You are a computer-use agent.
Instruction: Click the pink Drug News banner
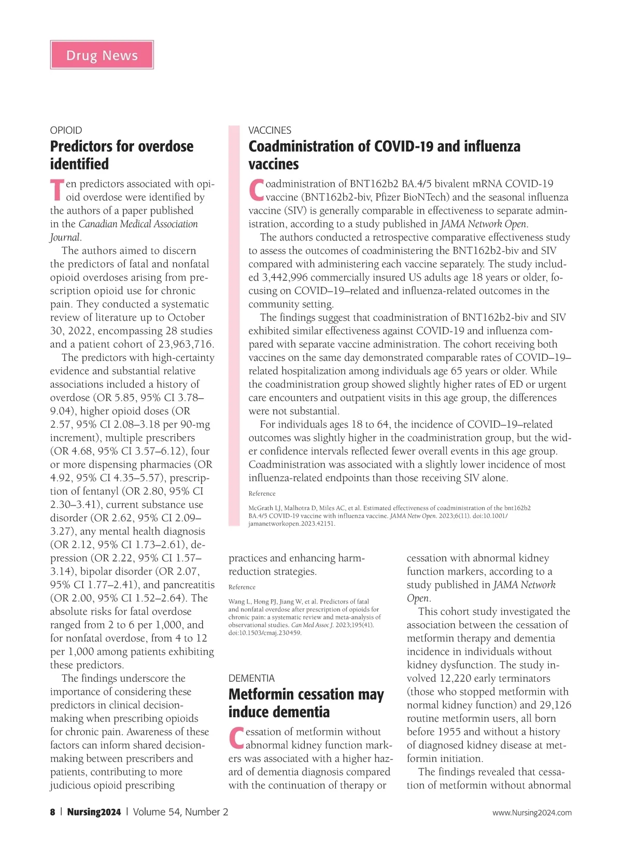(x=102, y=55)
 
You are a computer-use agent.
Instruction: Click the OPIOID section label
(x=66, y=130)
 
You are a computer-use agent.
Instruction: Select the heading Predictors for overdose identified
(x=121, y=155)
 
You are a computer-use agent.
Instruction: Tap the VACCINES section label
(x=270, y=130)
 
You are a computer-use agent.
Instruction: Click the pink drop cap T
(x=57, y=190)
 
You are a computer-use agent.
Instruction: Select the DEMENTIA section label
(x=251, y=678)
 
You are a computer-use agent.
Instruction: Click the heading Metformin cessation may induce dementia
(x=306, y=703)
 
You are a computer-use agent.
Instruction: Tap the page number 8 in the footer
(x=52, y=812)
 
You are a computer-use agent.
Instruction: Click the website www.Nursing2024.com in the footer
(x=532, y=812)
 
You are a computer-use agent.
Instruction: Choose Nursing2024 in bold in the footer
(x=94, y=812)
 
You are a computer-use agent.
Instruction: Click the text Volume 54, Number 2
(x=180, y=812)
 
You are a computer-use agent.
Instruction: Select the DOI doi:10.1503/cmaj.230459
(x=265, y=633)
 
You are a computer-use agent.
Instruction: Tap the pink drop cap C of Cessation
(x=236, y=738)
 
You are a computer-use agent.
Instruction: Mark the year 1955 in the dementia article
(x=449, y=732)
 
